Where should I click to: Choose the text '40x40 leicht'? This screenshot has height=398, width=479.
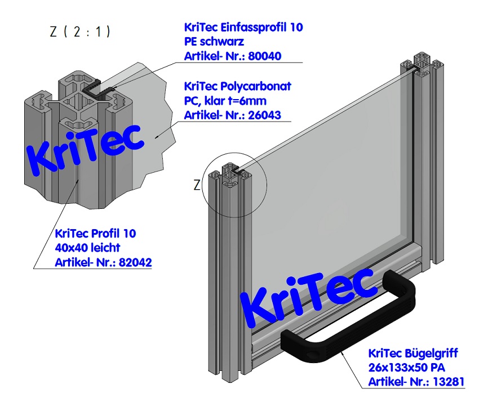tap(87, 248)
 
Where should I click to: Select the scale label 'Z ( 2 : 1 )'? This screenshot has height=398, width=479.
tap(79, 32)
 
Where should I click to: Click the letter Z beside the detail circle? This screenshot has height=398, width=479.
tap(197, 185)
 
